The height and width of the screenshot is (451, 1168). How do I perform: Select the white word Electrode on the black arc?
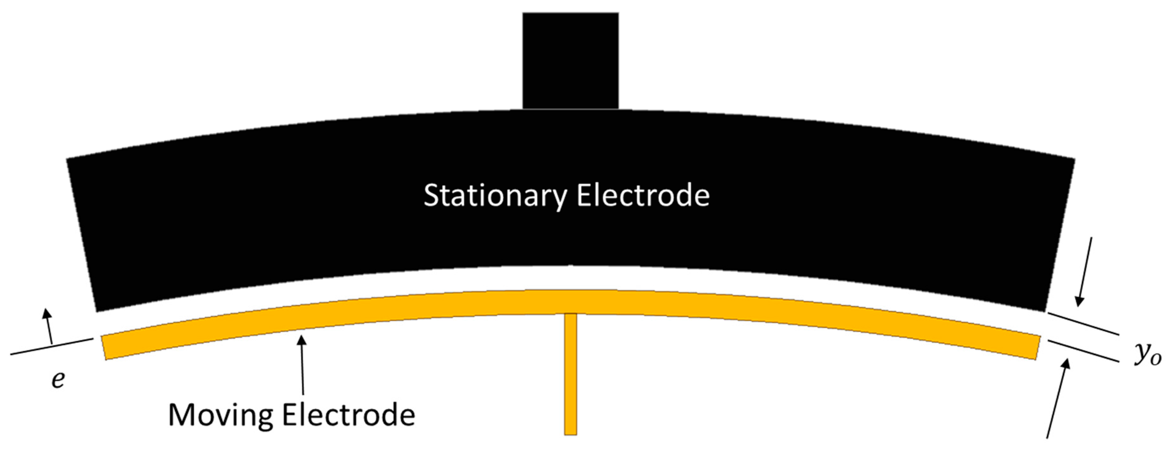pyautogui.click(x=643, y=196)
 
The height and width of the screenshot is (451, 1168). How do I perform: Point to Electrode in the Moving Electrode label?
pyautogui.click(x=348, y=415)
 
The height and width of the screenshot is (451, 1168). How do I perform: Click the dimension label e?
pyautogui.click(x=58, y=379)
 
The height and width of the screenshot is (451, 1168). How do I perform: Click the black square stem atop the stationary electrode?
pyautogui.click(x=570, y=60)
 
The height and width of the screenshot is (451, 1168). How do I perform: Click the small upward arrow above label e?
pyautogui.click(x=48, y=326)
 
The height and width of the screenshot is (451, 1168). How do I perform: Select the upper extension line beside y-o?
pyautogui.click(x=1083, y=324)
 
